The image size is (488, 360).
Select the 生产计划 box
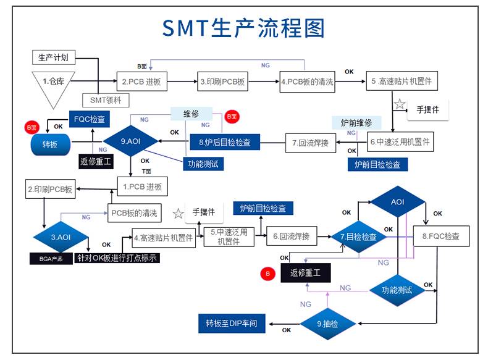(53, 58)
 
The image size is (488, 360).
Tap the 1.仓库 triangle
(53, 83)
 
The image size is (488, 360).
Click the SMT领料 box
(106, 99)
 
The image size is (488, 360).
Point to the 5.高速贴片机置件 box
(402, 82)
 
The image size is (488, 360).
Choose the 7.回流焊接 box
(311, 143)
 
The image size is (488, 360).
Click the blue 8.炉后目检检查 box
(225, 143)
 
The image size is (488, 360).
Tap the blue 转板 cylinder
(50, 145)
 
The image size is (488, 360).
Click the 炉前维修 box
(351, 122)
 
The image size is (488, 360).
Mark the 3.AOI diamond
(61, 237)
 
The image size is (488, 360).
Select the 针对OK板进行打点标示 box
(117, 258)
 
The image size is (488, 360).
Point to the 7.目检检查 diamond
(359, 237)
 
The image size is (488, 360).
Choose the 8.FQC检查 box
(440, 237)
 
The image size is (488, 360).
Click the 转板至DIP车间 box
(231, 323)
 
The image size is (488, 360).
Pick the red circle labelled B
(268, 272)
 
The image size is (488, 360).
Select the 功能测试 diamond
(397, 290)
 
